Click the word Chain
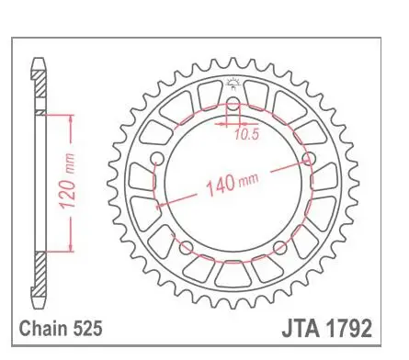point(43,329)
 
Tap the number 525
point(87,329)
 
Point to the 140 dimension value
point(221,186)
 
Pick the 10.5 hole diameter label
point(247,134)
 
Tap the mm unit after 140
point(248,180)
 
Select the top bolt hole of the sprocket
point(233,103)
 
